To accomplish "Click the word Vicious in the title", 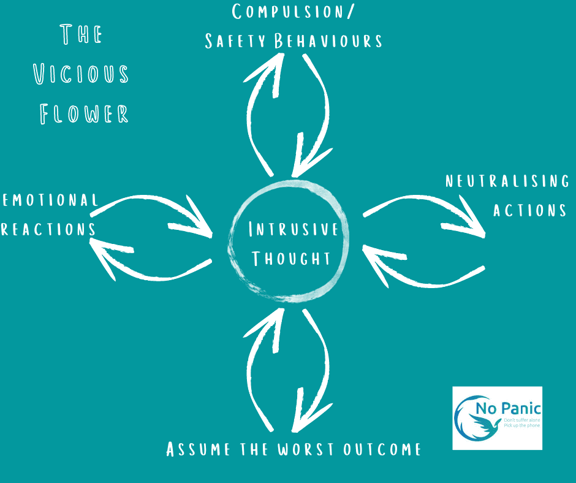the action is point(81,74).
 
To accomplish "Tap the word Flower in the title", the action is point(84,113).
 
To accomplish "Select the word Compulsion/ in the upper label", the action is point(293,12).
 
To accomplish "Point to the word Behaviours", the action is point(328,41).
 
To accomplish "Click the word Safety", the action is point(235,41).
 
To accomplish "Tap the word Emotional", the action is point(50,200).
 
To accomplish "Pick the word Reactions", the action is point(48,229).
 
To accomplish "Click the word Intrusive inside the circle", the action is point(293,229).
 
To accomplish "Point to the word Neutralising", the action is point(507,181).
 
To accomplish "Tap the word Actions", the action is point(529,210).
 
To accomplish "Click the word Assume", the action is point(199,449).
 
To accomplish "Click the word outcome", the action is point(382,449).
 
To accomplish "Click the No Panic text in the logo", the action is point(509,408).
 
